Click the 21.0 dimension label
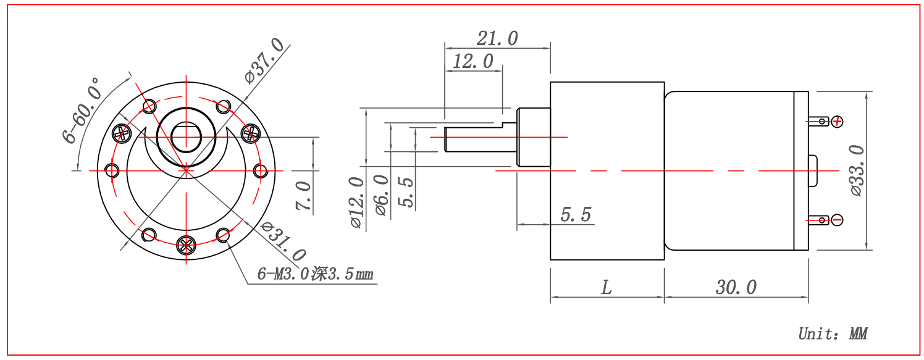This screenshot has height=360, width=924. [497, 38]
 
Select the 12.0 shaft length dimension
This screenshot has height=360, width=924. [473, 61]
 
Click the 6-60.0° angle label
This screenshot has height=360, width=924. [82, 110]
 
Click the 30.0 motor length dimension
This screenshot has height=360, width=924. [736, 287]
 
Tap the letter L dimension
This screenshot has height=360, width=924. [607, 287]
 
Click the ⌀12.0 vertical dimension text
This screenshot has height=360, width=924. [356, 203]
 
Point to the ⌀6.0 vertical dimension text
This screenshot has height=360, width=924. [381, 195]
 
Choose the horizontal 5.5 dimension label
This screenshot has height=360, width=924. [576, 215]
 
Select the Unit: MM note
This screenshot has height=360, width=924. [833, 334]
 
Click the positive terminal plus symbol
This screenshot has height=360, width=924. [837, 121]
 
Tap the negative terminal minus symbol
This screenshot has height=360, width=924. [837, 219]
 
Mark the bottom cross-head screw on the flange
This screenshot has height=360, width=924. [186, 245]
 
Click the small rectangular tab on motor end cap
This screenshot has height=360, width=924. [812, 171]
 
